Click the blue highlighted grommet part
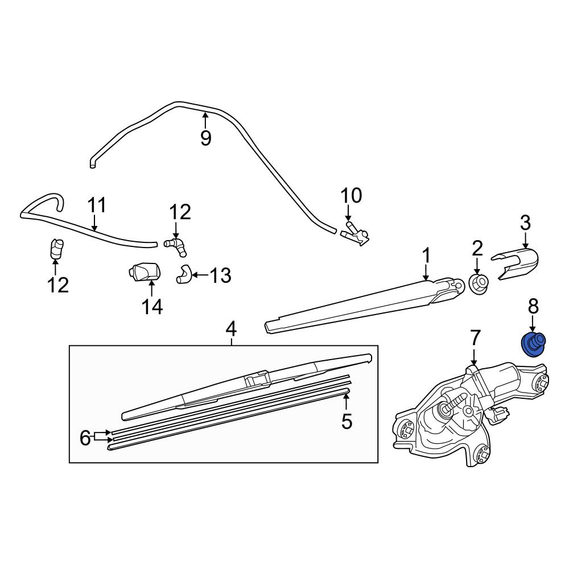(533, 345)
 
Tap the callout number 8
(533, 306)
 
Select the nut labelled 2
(478, 283)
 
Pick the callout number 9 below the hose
(205, 138)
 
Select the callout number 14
(152, 307)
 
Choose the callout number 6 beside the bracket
(85, 438)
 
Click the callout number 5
(347, 421)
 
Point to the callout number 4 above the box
(231, 329)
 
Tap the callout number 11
(97, 205)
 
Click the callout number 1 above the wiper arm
(426, 255)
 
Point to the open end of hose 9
(93, 166)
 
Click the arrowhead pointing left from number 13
(194, 275)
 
